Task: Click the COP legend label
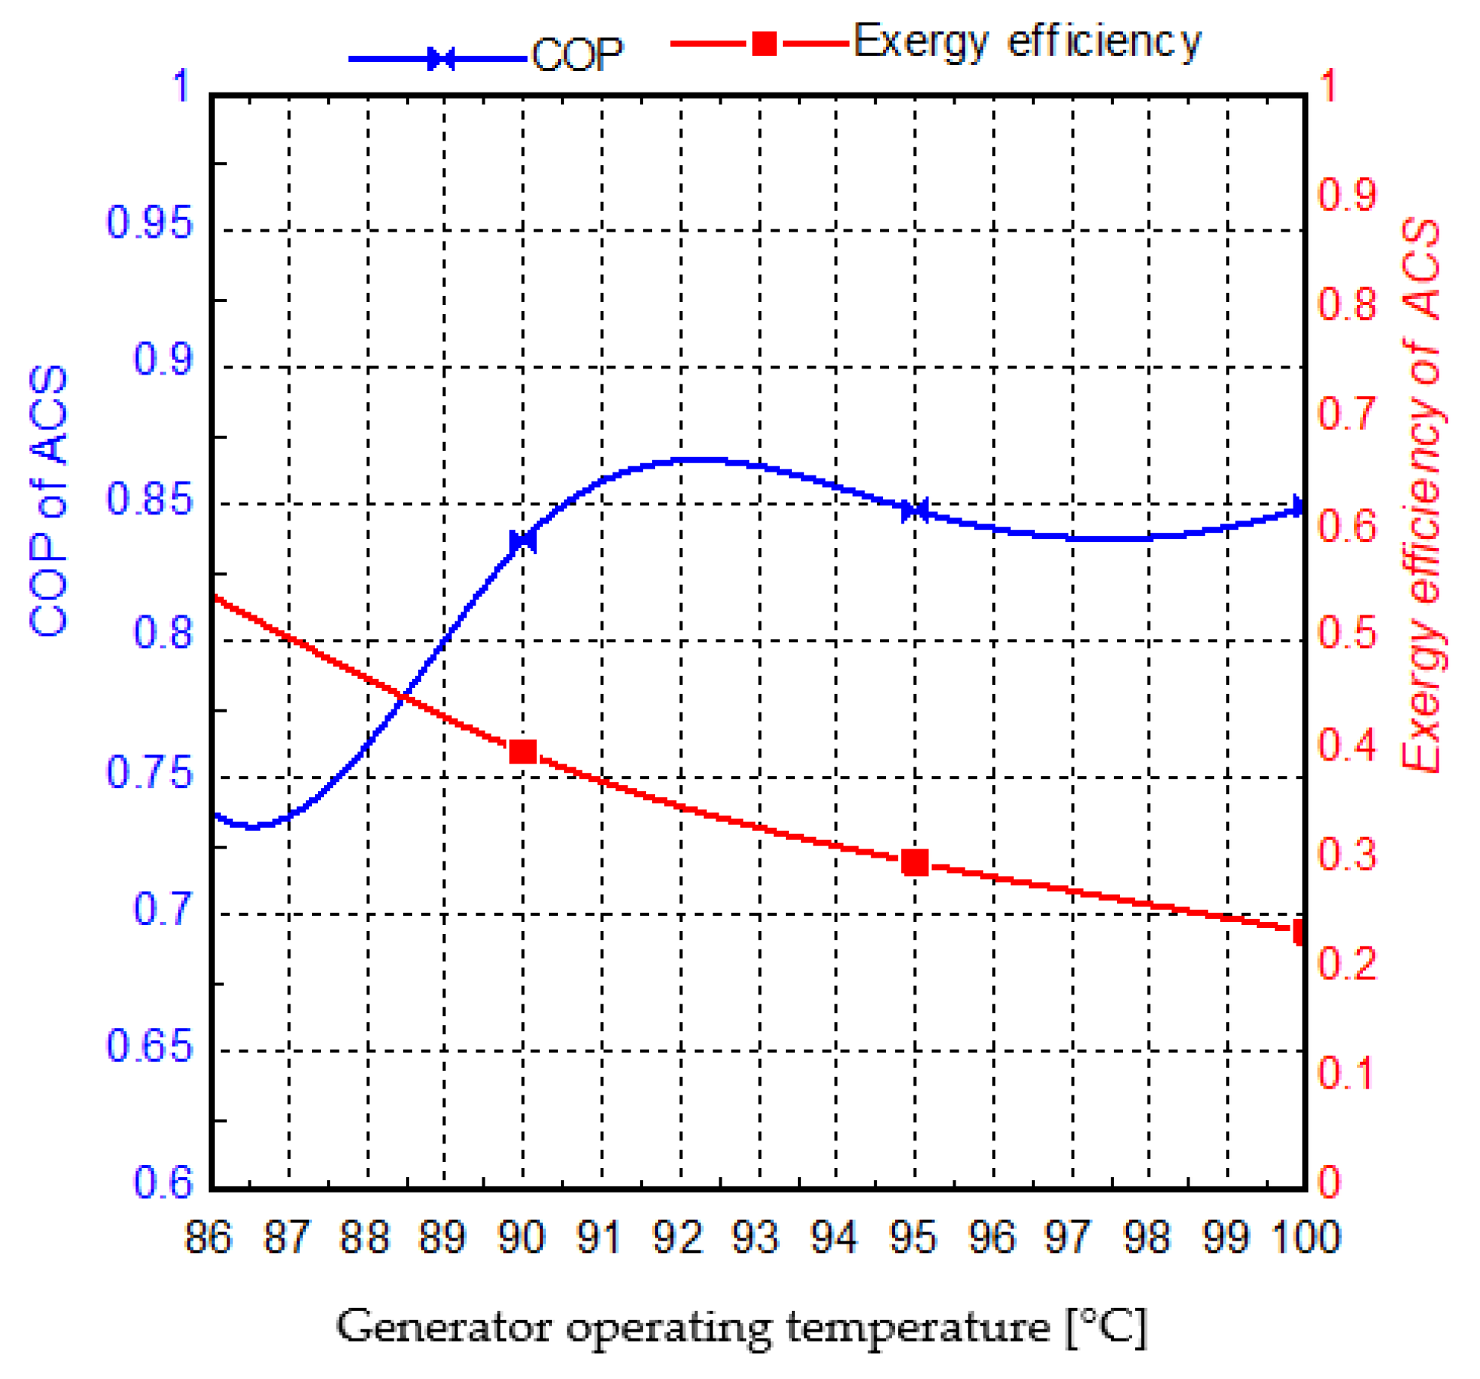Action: click(577, 55)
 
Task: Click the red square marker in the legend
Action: click(764, 44)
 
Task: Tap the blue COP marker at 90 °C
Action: click(523, 541)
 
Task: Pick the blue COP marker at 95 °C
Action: click(914, 510)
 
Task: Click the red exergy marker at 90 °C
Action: click(523, 752)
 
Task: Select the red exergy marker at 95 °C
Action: click(914, 862)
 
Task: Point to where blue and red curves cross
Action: click(404, 696)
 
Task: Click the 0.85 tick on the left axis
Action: click(149, 499)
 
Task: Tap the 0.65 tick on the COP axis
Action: click(149, 1045)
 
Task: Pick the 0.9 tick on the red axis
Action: click(1347, 194)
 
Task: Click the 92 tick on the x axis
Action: click(677, 1237)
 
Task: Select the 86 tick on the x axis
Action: click(208, 1237)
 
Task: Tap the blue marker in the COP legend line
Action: click(441, 59)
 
